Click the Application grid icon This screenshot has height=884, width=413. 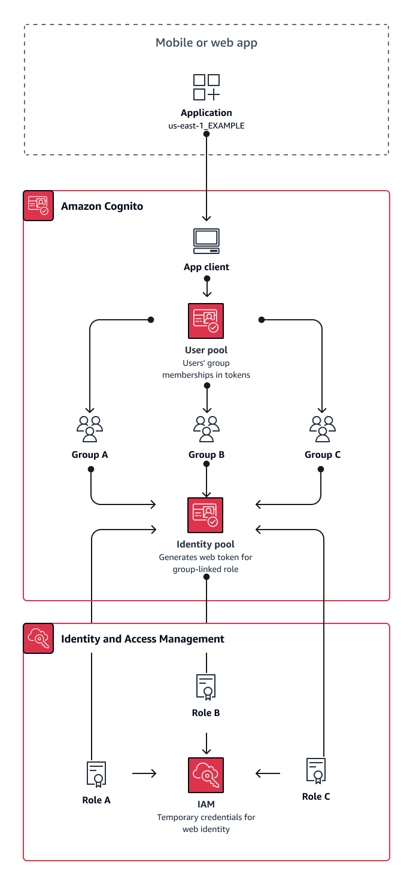(x=206, y=87)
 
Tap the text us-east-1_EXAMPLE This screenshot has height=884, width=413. (x=206, y=126)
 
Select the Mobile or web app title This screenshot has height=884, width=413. (x=206, y=42)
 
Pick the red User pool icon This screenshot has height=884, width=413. (x=206, y=321)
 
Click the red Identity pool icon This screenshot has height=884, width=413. (x=205, y=515)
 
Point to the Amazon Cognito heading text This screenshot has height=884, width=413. (x=102, y=206)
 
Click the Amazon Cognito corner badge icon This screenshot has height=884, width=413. (x=38, y=206)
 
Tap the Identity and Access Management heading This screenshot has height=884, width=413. (x=142, y=639)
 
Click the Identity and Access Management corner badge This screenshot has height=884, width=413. (x=38, y=638)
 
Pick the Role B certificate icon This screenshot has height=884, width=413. (x=206, y=687)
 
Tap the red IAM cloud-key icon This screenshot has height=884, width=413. (x=206, y=775)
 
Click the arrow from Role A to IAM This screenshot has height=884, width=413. (x=144, y=773)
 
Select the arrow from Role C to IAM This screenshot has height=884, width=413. (x=268, y=773)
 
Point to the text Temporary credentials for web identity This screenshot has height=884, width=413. (x=206, y=823)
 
